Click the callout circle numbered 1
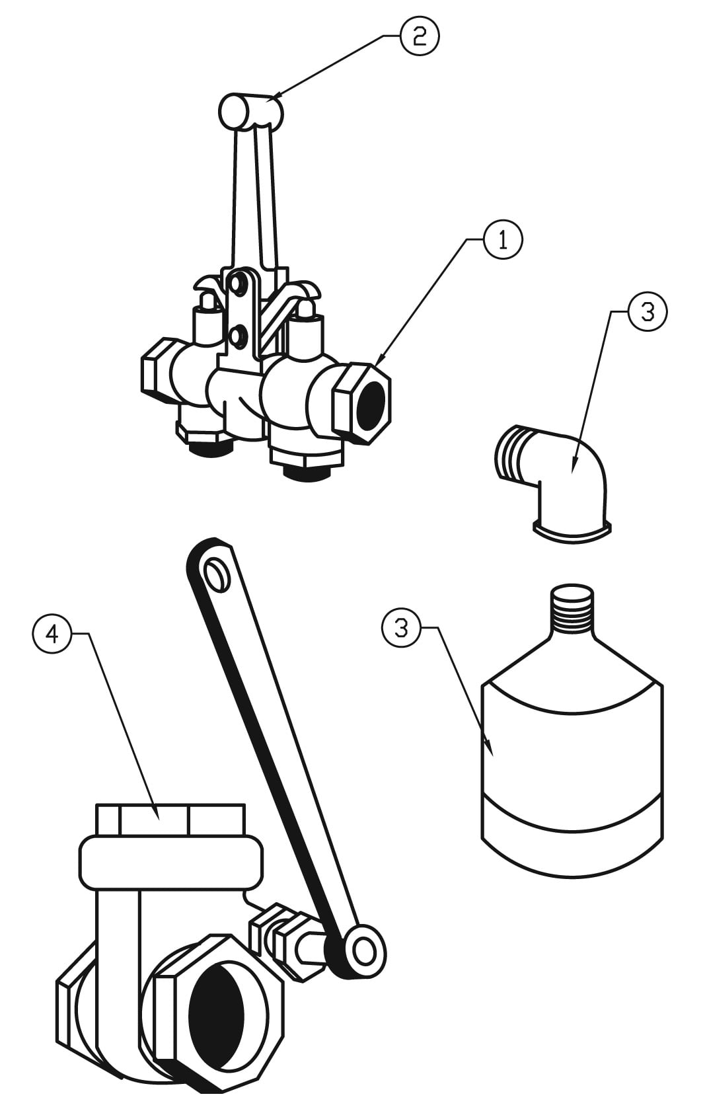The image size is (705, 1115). (x=503, y=240)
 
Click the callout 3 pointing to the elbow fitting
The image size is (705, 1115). (x=647, y=312)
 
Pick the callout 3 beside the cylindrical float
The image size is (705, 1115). (x=402, y=627)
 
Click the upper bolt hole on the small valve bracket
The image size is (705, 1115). (x=237, y=286)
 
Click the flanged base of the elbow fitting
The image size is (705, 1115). (x=572, y=533)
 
